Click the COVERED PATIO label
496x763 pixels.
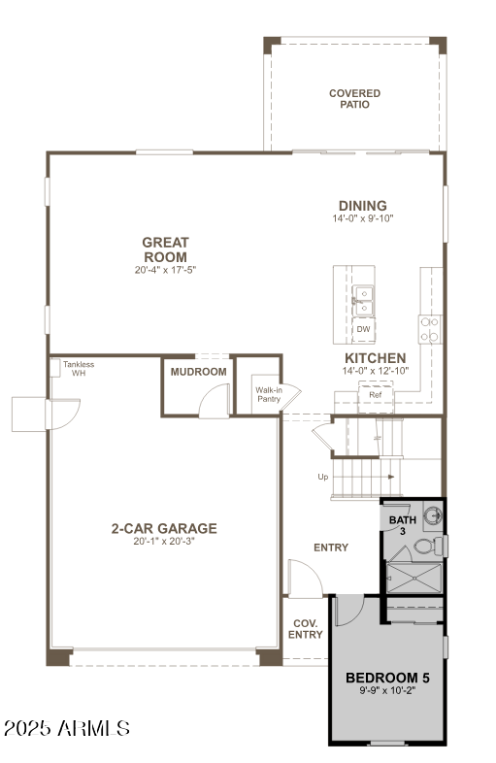[x=354, y=99]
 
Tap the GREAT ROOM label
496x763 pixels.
[x=165, y=249]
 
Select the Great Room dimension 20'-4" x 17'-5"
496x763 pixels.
[x=165, y=269]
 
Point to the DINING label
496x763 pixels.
[x=362, y=206]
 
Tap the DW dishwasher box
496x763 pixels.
[x=363, y=330]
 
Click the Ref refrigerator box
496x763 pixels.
[x=375, y=395]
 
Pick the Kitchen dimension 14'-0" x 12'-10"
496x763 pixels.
[x=375, y=371]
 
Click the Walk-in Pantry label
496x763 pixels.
[x=269, y=394]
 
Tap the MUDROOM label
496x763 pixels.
[x=198, y=372]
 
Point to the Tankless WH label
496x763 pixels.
[x=79, y=369]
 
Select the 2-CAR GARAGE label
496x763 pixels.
[x=163, y=528]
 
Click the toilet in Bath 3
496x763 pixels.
[x=424, y=549]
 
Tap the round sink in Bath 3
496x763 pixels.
[x=436, y=517]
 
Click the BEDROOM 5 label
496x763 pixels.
[x=387, y=678]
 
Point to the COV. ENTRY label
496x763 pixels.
[x=305, y=628]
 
